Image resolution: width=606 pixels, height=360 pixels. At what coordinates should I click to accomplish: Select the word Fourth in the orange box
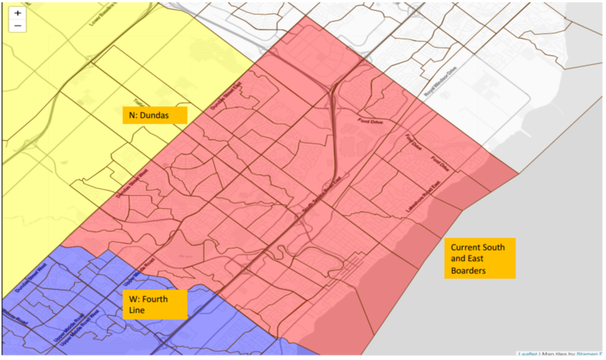pyautogui.click(x=156, y=299)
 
